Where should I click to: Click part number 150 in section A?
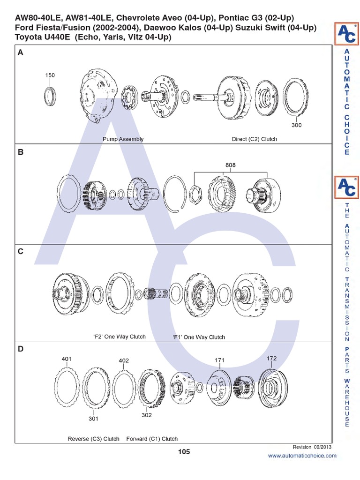tap(50, 75)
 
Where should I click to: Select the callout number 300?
tap(296, 125)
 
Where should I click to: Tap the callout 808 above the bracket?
tap(230, 165)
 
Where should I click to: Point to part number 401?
tap(67, 359)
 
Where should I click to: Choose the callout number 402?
tap(124, 360)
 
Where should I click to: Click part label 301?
tap(93, 419)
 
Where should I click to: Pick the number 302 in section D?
tap(147, 415)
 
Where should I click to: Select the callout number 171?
tap(220, 360)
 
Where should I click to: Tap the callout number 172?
tap(272, 358)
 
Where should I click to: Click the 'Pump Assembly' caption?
tap(123, 139)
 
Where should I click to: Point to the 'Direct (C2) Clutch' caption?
tap(255, 139)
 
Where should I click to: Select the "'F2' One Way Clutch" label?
tap(120, 337)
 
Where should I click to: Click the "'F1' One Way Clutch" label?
tap(199, 337)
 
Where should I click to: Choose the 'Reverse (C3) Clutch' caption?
tap(94, 439)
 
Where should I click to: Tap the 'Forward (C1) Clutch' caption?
tap(152, 439)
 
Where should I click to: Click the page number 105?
tap(184, 452)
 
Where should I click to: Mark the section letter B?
tap(20, 152)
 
